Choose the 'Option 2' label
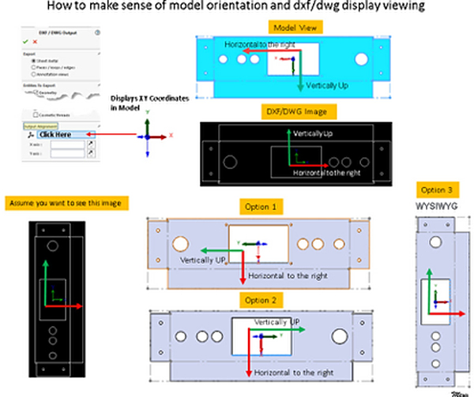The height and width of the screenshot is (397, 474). coord(260,300)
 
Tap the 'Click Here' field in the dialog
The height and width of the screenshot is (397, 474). coord(54,134)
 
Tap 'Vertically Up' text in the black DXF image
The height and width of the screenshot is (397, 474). coord(313,136)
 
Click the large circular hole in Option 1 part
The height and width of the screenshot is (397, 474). coord(181,242)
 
